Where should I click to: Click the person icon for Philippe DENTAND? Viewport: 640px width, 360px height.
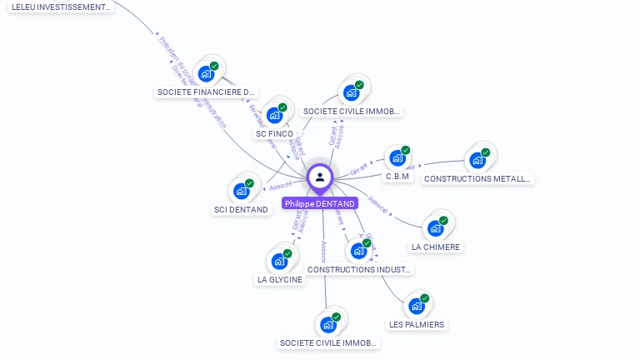[320, 177]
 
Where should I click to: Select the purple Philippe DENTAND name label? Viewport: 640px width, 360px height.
[320, 203]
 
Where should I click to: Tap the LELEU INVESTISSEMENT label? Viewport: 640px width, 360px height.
[61, 7]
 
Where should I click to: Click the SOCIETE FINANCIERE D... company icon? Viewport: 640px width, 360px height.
[206, 73]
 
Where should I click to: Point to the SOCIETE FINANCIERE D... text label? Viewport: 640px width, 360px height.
[206, 92]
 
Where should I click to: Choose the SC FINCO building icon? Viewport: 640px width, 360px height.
[274, 115]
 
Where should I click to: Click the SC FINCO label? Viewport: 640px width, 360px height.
[274, 133]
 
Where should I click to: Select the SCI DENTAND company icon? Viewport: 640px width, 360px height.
[241, 191]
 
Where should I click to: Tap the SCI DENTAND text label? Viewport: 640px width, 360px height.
[241, 209]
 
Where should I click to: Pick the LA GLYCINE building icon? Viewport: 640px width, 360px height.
[279, 261]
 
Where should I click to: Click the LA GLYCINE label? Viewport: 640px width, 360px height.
[280, 280]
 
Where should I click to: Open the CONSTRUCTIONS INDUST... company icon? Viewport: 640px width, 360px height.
[358, 251]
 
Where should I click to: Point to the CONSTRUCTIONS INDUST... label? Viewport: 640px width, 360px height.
[359, 270]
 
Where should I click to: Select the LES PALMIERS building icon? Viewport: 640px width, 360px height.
[417, 306]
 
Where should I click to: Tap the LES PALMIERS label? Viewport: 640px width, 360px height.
[417, 324]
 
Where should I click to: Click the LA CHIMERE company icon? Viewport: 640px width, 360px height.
[435, 228]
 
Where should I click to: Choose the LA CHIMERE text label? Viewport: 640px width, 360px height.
[436, 247]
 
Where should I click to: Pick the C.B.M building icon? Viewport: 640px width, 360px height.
[397, 157]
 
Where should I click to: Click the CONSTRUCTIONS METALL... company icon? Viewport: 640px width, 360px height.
[477, 159]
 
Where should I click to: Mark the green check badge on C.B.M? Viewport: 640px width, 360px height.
[406, 150]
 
